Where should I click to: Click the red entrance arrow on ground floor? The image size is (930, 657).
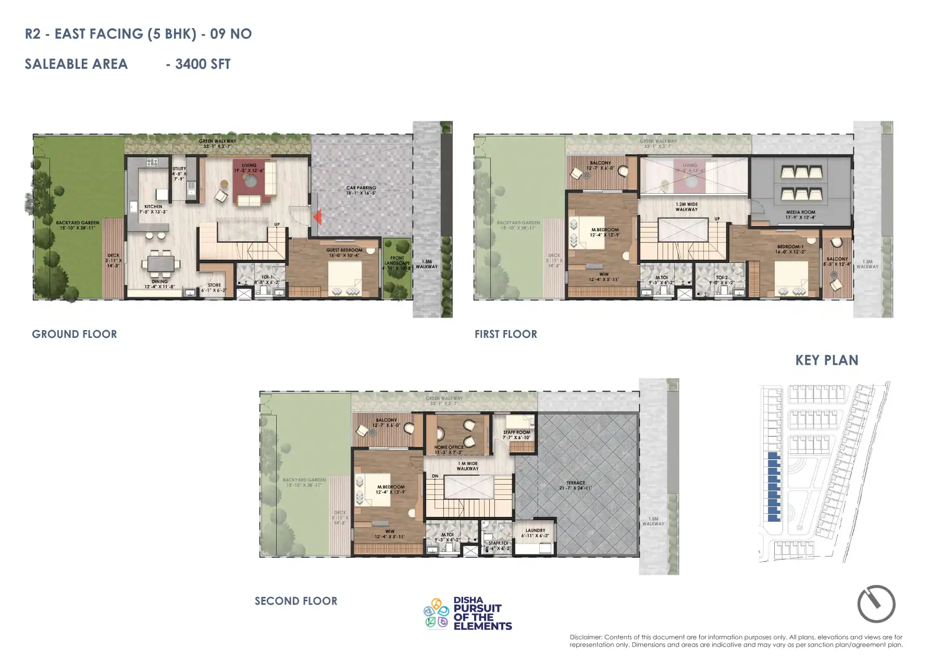[317, 216]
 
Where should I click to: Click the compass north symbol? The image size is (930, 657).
[876, 604]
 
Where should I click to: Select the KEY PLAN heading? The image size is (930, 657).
[827, 360]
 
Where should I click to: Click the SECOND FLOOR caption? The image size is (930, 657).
[296, 601]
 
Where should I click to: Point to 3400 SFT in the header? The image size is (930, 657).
[203, 64]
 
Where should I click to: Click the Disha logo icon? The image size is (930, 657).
[436, 613]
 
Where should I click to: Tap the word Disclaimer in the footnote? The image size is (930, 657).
[586, 637]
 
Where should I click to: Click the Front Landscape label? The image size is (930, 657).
[397, 260]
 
